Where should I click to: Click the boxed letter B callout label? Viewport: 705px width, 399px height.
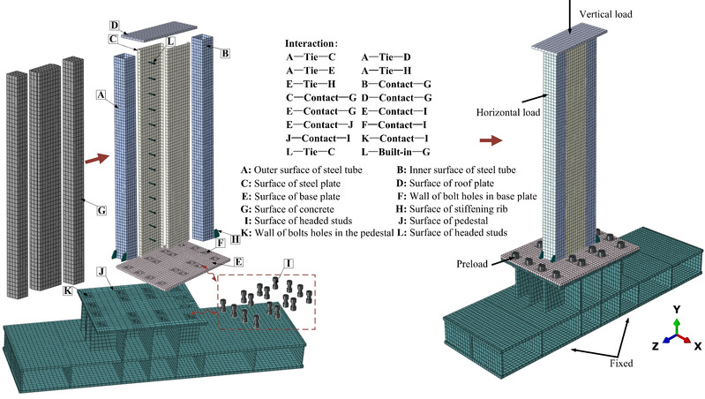225,54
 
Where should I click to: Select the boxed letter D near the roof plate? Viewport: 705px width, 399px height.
115,26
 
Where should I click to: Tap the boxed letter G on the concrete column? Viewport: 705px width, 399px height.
101,211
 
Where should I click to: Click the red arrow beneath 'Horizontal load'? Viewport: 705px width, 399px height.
491,139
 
